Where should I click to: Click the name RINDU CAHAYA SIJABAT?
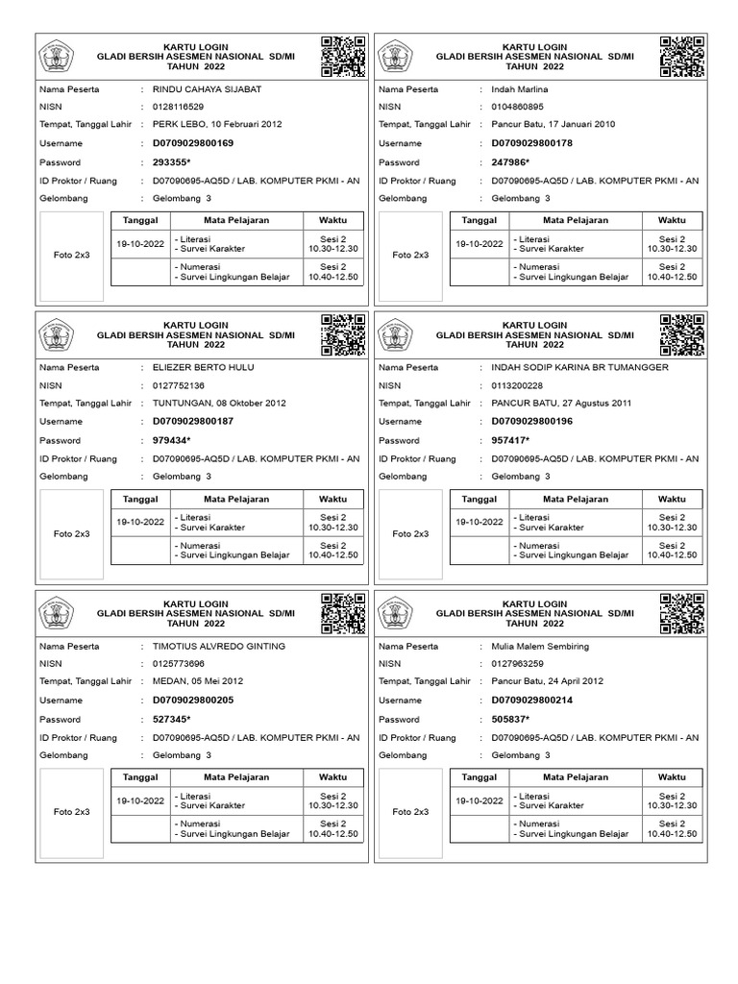tap(207, 89)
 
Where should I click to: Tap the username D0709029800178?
tap(532, 143)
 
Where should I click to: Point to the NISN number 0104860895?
tap(517, 107)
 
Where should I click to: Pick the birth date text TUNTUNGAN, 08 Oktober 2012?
tap(219, 404)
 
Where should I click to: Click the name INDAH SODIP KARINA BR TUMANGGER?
tap(578, 368)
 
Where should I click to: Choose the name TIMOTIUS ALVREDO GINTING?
tap(219, 647)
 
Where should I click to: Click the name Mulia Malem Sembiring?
tap(540, 647)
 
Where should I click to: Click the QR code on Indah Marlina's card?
tap(682, 57)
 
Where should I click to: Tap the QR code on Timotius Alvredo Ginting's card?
tap(343, 614)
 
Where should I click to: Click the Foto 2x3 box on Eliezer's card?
tap(72, 533)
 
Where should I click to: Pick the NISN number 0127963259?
tap(517, 664)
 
